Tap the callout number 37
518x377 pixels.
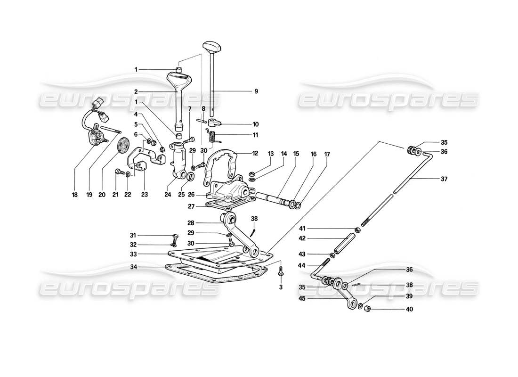445,179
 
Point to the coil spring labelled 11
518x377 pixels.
212,137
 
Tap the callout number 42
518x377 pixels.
302,238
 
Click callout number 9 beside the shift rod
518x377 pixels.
256,91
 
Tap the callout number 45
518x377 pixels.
302,298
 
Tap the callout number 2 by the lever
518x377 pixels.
136,93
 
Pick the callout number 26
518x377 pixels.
191,194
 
